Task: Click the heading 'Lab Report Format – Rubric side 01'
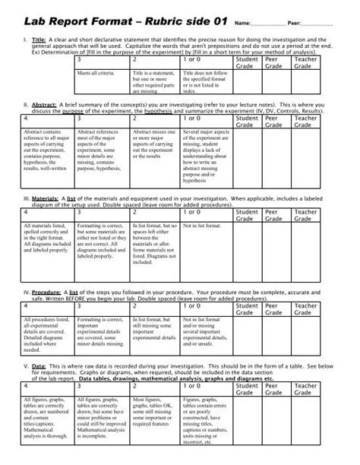(126, 19)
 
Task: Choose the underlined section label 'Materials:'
(51, 197)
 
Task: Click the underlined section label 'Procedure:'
(51, 293)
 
